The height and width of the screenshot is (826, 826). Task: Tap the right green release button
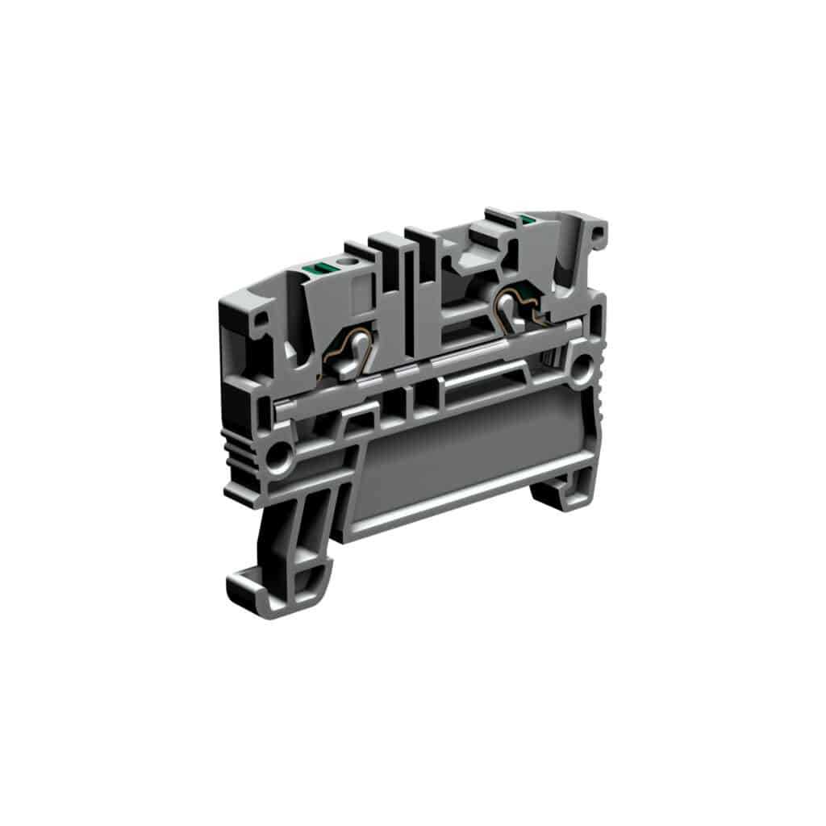(x=528, y=219)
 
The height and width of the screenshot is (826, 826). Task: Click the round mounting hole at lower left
(x=281, y=457)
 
